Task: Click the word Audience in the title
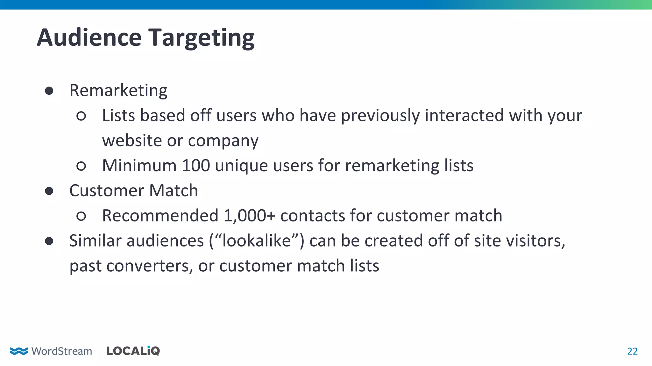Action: (x=89, y=37)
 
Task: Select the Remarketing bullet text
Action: (x=118, y=91)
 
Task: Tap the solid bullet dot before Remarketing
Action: (x=49, y=91)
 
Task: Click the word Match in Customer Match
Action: (x=174, y=191)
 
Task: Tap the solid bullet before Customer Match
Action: (x=49, y=191)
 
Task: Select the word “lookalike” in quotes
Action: (x=257, y=241)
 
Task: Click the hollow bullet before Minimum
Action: (x=81, y=166)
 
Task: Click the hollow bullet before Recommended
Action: (x=81, y=216)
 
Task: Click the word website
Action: (x=132, y=140)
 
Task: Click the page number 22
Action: (x=632, y=351)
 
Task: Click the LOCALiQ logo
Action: (x=133, y=351)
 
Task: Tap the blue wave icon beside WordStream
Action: (x=19, y=351)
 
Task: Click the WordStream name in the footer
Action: (x=62, y=351)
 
